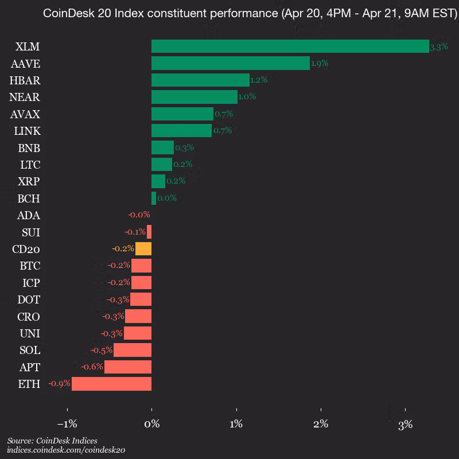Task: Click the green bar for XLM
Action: click(x=290, y=46)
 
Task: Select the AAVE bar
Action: click(x=230, y=63)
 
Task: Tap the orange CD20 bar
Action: click(x=143, y=249)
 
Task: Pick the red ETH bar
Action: click(x=111, y=384)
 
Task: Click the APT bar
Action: click(x=128, y=367)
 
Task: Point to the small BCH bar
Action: click(x=154, y=199)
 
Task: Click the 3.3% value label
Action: click(x=439, y=47)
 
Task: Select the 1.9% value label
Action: click(x=320, y=64)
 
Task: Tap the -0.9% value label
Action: click(x=59, y=384)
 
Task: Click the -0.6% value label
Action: click(x=92, y=367)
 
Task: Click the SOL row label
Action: click(x=29, y=350)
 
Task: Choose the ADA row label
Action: click(x=29, y=216)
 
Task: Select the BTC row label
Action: click(x=29, y=266)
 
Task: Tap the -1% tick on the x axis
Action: click(x=67, y=425)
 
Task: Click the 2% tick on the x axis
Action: click(x=321, y=425)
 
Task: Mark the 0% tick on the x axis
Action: click(x=151, y=425)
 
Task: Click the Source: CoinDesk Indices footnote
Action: click(x=52, y=441)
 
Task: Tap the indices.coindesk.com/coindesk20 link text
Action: click(x=66, y=450)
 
